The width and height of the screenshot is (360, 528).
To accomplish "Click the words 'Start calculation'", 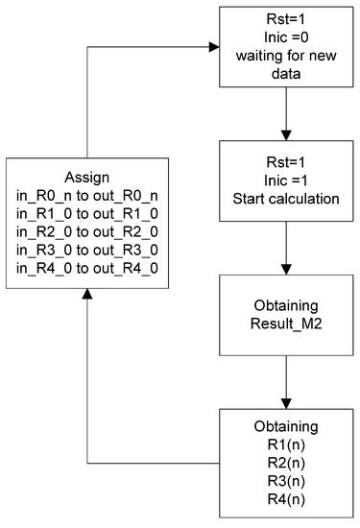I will tap(286, 199).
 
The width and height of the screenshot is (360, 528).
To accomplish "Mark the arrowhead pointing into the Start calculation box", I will tap(286, 135).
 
